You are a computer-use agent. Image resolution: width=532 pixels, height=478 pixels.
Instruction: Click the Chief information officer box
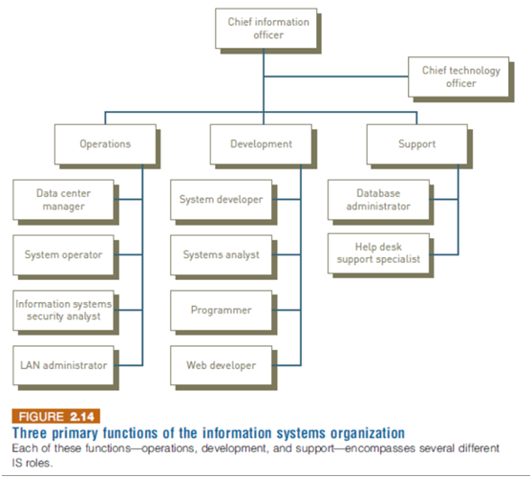[266, 29]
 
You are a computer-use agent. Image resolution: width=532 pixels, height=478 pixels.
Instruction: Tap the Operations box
[105, 144]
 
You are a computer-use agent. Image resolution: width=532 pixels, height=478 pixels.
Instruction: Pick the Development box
[261, 144]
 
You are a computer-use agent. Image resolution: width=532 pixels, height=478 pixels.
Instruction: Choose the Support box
[417, 144]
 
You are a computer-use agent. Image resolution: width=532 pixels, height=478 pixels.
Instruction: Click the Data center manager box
[63, 200]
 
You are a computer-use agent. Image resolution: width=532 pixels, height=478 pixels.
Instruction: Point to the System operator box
[63, 255]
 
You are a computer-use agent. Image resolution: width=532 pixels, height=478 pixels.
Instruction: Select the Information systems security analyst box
[63, 311]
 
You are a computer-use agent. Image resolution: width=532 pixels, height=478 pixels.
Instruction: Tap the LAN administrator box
[63, 365]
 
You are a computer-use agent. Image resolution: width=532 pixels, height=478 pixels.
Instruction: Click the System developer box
[222, 200]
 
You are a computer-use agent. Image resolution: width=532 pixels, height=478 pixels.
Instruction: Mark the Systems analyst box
[222, 255]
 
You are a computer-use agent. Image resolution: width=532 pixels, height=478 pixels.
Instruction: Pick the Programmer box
[222, 311]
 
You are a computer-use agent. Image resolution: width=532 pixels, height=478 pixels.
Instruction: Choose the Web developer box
[222, 365]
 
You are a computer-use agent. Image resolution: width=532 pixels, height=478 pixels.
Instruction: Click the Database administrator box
[378, 200]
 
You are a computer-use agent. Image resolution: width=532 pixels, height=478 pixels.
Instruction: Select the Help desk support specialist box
[378, 253]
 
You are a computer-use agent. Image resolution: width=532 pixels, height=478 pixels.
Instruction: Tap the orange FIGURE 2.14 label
[56, 416]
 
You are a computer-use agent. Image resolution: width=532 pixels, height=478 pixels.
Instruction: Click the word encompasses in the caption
[380, 448]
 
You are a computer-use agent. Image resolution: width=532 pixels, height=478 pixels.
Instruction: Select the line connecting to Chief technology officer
[336, 76]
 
